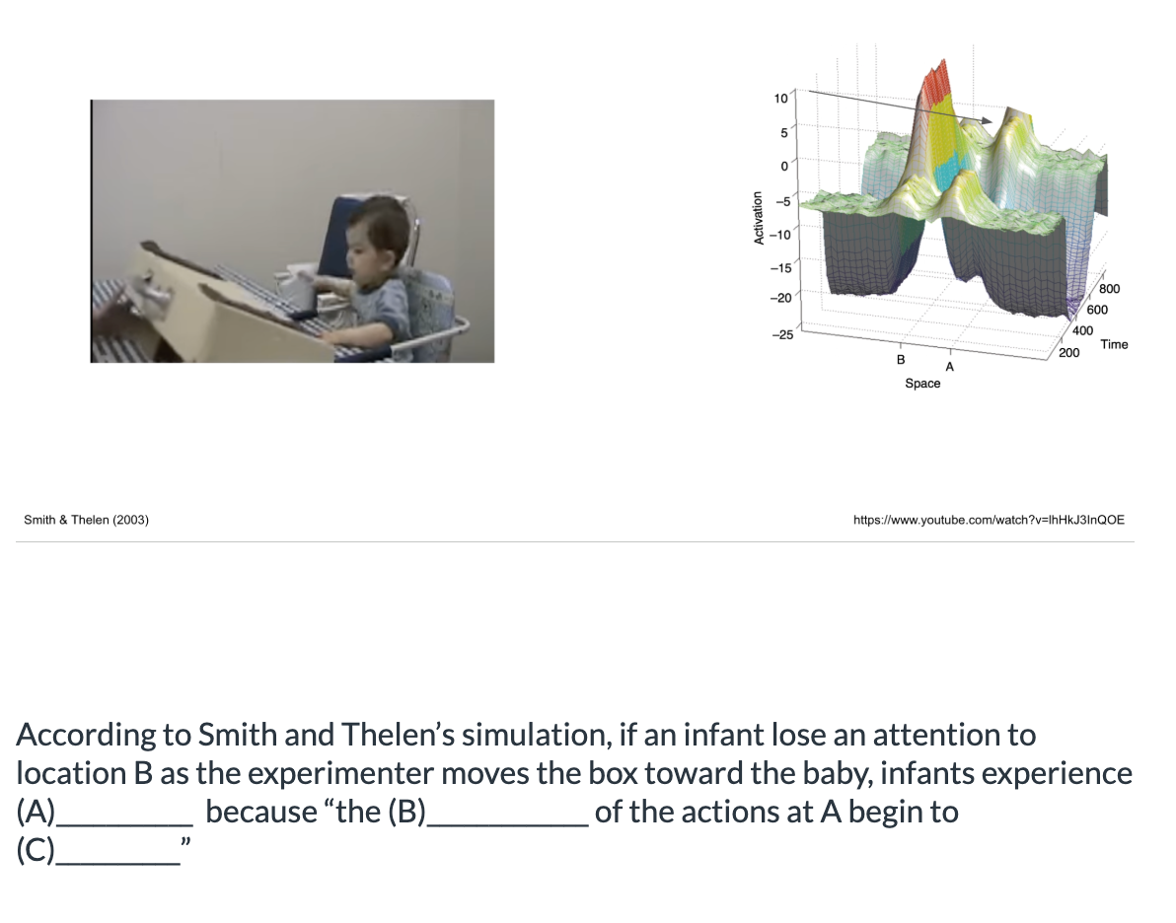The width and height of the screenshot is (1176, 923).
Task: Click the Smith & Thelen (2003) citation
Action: (86, 520)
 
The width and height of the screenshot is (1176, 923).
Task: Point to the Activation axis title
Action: (759, 218)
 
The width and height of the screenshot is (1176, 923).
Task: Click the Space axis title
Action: (922, 384)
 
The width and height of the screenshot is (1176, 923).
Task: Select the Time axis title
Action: (1114, 344)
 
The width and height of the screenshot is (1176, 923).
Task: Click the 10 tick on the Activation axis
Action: (780, 98)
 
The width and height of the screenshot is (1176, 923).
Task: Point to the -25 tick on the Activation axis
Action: (780, 335)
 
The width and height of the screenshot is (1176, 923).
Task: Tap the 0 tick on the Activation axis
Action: (783, 167)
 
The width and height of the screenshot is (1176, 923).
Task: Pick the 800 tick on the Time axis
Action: (1109, 290)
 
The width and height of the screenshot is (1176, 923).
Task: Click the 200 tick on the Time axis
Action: (1067, 352)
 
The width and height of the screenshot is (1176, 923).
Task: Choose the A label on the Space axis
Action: (949, 367)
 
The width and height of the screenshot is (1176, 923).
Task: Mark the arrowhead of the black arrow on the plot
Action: (986, 120)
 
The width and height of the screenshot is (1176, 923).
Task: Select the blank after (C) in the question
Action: (117, 851)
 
